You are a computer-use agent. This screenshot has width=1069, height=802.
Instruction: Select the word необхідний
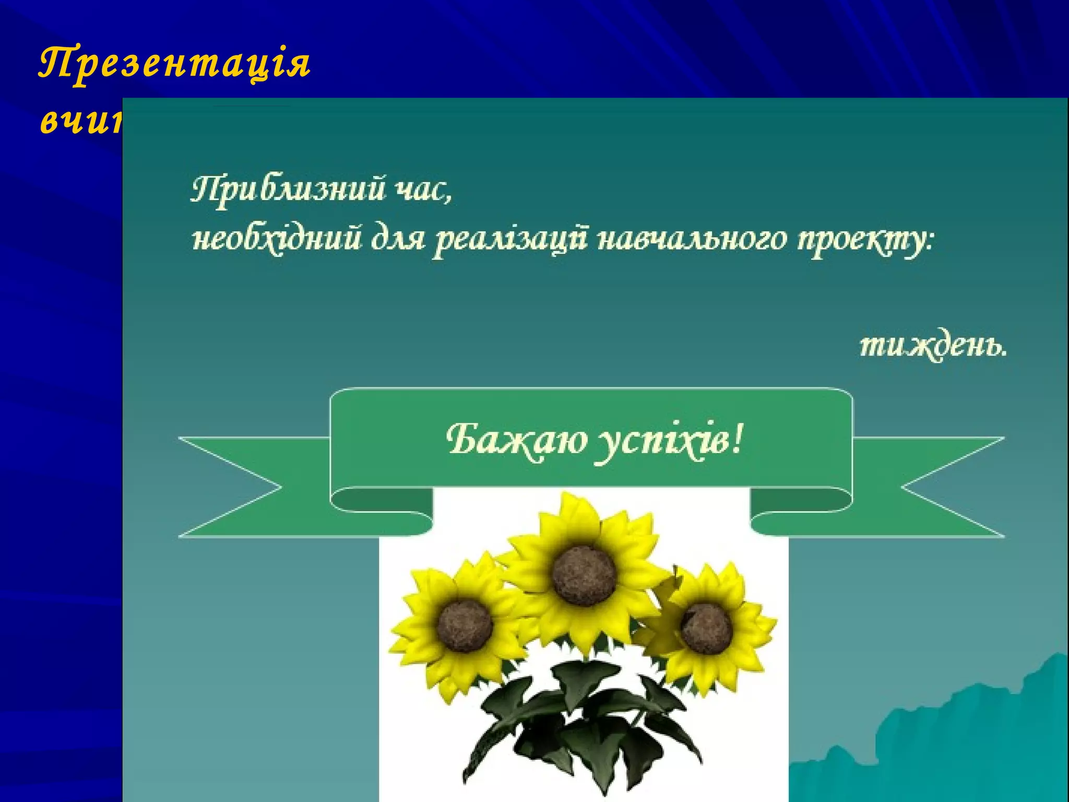277,241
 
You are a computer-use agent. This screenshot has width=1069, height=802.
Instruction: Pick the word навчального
691,241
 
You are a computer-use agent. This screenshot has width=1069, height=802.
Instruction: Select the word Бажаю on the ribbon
517,440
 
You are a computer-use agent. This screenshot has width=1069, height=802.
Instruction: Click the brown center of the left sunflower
465,626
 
